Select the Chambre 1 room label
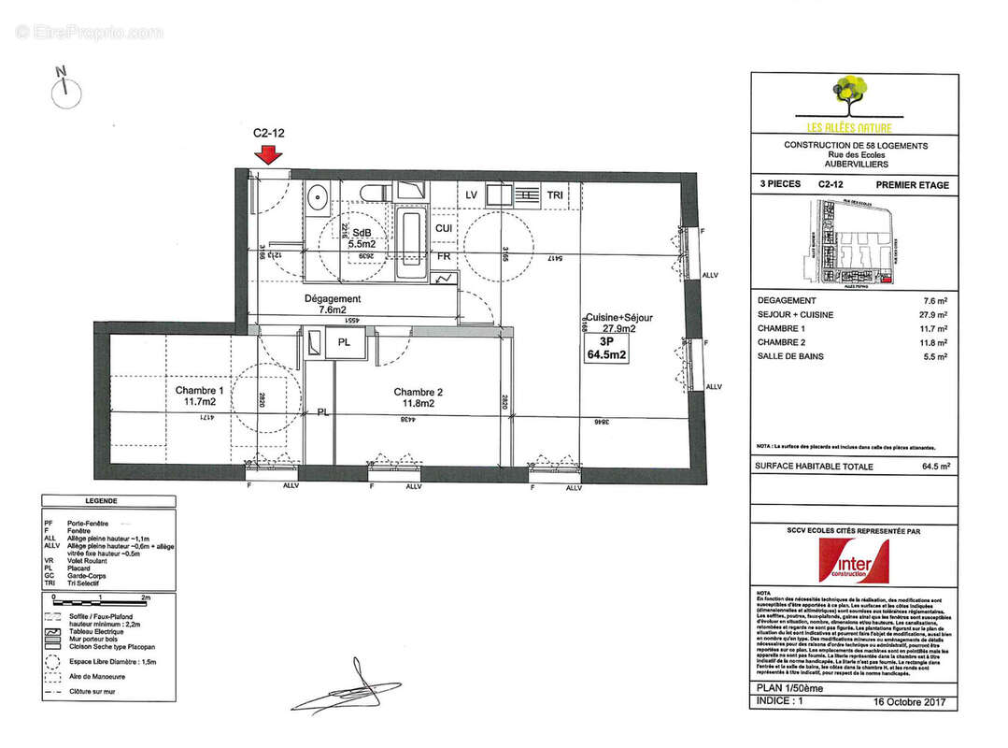[200, 396]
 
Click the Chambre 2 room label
[418, 397]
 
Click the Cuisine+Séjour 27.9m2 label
[619, 323]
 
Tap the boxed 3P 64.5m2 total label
[606, 349]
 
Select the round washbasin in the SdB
[318, 196]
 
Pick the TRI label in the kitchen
[555, 195]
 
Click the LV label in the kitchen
[473, 194]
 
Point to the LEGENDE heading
[102, 501]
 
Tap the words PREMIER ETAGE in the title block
[912, 185]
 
